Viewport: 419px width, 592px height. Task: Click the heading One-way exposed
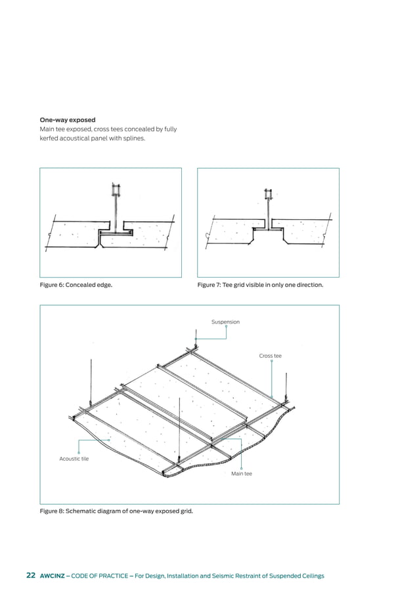68,120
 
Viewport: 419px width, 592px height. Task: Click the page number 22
31,576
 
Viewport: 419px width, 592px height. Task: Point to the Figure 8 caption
116,510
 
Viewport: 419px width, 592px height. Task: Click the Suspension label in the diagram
225,322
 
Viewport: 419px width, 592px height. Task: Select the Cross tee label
270,356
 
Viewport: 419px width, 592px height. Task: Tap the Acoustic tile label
74,459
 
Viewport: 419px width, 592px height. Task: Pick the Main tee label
241,473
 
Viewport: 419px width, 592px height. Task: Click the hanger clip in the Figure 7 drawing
268,194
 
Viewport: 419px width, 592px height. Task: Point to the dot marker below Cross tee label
271,361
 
